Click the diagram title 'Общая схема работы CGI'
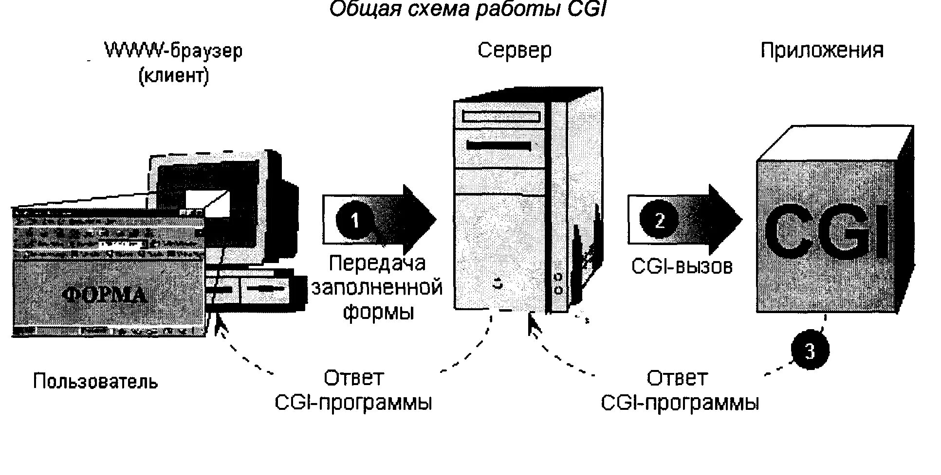pos(467,10)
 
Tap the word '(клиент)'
pos(174,76)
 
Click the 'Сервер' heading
pos(515,51)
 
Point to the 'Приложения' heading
pos(822,51)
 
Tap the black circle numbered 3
pos(809,351)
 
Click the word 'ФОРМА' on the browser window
pos(106,294)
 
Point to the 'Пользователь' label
pos(95,382)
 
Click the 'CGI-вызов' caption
pos(682,266)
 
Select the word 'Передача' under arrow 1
pos(377,264)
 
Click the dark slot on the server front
pos(498,145)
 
